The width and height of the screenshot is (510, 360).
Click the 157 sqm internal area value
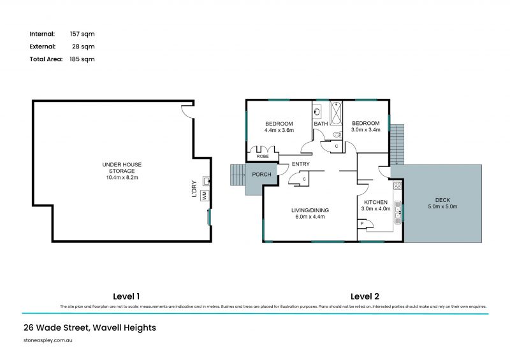(x=82, y=34)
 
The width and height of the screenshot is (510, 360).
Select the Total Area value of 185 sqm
(x=82, y=59)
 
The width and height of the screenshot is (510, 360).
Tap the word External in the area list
(x=42, y=47)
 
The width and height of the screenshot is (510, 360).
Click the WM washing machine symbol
(x=205, y=196)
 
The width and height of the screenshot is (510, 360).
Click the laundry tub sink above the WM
(x=206, y=180)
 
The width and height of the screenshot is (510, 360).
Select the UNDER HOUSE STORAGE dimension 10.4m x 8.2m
(x=122, y=177)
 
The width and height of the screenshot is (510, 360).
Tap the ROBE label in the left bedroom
(x=262, y=156)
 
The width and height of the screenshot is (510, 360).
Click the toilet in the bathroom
(x=336, y=134)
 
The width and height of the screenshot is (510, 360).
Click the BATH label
(x=321, y=124)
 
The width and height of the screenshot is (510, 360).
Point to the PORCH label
(x=261, y=175)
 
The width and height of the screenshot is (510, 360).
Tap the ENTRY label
(x=300, y=164)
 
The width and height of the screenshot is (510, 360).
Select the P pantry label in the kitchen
(x=362, y=224)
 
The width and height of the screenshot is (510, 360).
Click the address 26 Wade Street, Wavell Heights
(x=89, y=328)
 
